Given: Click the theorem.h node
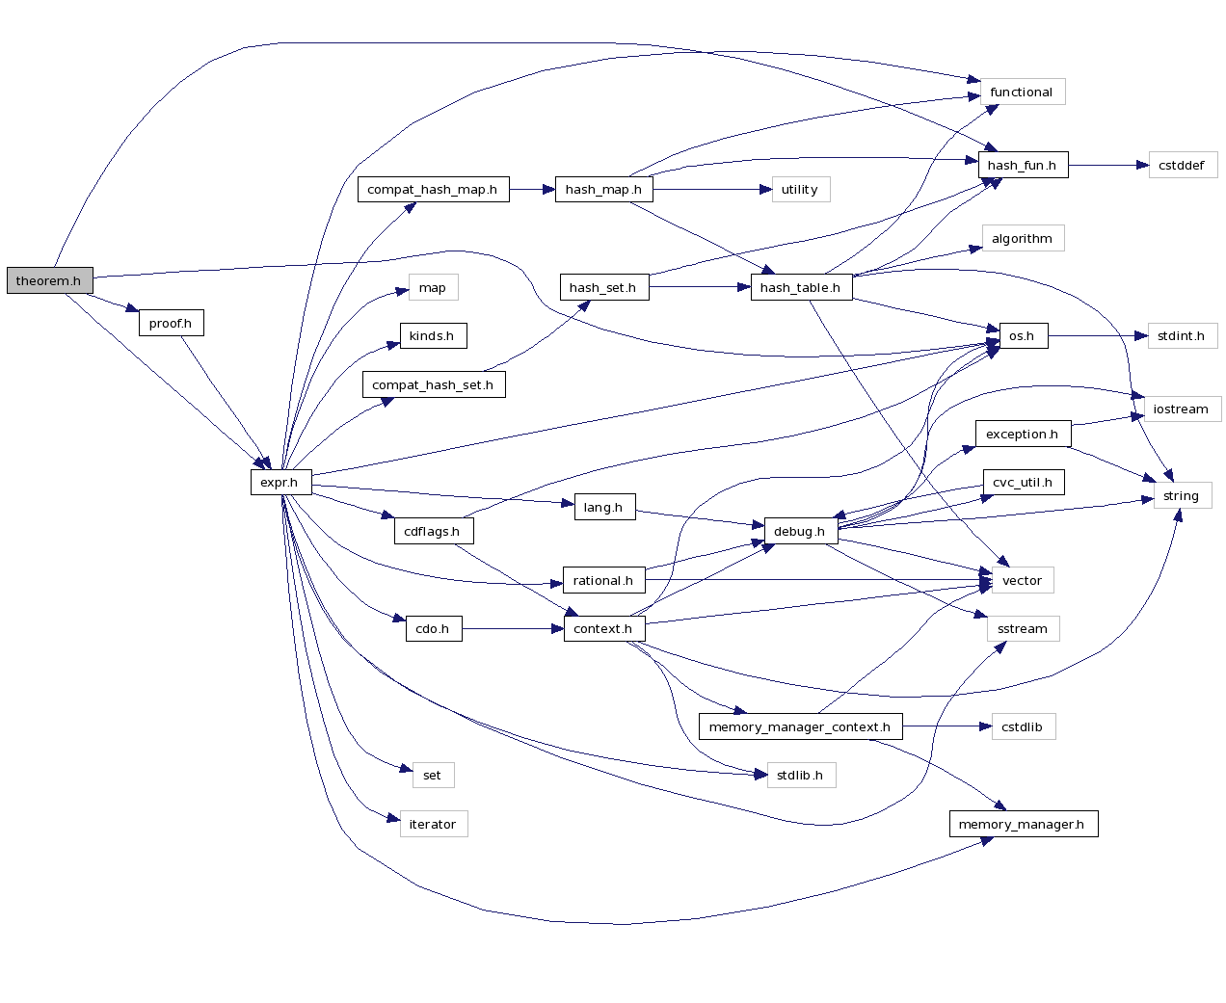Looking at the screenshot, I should pyautogui.click(x=49, y=280).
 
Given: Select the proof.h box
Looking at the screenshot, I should pyautogui.click(x=171, y=323).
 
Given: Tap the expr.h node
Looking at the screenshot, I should pyautogui.click(x=280, y=482).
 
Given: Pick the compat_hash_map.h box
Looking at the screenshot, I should pyautogui.click(x=433, y=189).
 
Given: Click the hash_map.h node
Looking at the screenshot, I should pyautogui.click(x=603, y=189).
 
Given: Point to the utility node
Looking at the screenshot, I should pyautogui.click(x=800, y=189).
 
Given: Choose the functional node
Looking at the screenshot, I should pyautogui.click(x=1022, y=92).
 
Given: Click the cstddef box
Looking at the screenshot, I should pyautogui.click(x=1182, y=165).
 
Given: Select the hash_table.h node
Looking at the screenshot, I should pyautogui.click(x=800, y=287).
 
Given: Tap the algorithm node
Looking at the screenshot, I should pyautogui.click(x=1022, y=238).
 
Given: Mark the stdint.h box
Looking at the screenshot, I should pyautogui.click(x=1182, y=335).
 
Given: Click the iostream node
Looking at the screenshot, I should pyautogui.click(x=1182, y=409).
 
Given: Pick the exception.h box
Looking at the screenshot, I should pyautogui.click(x=1022, y=434).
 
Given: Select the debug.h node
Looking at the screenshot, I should pyautogui.click(x=800, y=531).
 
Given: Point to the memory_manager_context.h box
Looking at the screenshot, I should pyautogui.click(x=800, y=726).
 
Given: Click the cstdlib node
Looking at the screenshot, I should pyautogui.click(x=1022, y=726).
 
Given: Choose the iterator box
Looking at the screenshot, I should pyautogui.click(x=433, y=824).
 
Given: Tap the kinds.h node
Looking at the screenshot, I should pyautogui.click(x=432, y=335).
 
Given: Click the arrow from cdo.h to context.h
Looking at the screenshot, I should pyautogui.click(x=511, y=629).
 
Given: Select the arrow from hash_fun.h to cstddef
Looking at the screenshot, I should pyautogui.click(x=1108, y=165).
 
